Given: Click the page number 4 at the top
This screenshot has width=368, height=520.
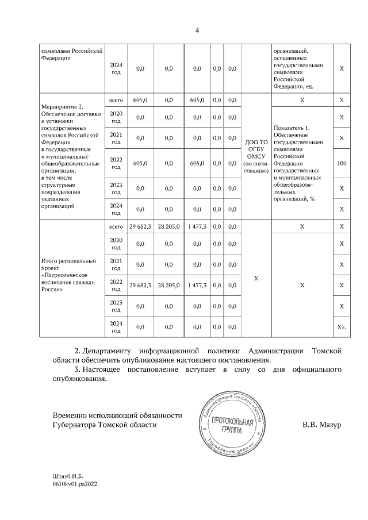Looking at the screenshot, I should pyautogui.click(x=196, y=30).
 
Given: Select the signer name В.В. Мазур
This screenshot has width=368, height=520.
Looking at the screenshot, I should pyautogui.click(x=322, y=425).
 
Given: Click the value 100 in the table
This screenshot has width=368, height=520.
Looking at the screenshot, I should pyautogui.click(x=342, y=164).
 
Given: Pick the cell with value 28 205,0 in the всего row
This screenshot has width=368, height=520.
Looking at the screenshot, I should pyautogui.click(x=168, y=227).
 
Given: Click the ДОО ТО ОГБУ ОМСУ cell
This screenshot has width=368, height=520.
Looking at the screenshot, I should pyautogui.click(x=256, y=156).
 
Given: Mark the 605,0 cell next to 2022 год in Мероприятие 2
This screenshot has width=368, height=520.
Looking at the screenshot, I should pyautogui.click(x=140, y=164).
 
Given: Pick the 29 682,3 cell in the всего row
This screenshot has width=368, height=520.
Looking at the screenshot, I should pyautogui.click(x=140, y=227).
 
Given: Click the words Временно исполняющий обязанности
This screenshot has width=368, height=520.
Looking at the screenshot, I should pyautogui.click(x=117, y=415).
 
